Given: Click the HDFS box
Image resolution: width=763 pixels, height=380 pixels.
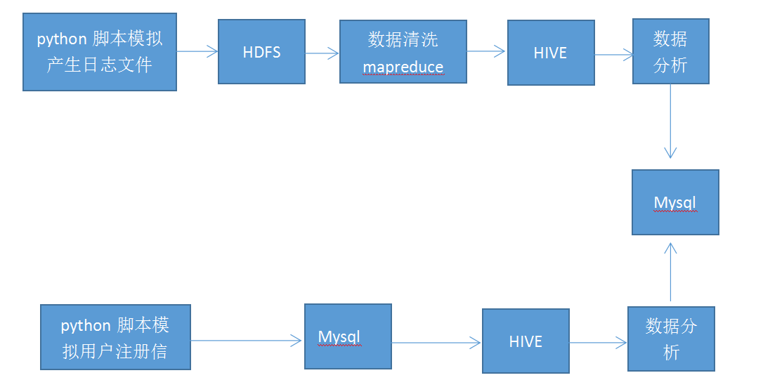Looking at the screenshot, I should tap(261, 51).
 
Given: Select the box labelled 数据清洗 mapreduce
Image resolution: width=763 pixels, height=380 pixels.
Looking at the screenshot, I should tap(403, 52).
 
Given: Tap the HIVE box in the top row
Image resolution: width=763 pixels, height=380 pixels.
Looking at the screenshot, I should tap(550, 53).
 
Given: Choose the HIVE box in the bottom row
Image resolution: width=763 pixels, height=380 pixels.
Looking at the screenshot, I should tap(525, 341).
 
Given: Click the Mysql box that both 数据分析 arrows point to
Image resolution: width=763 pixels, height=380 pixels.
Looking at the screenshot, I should tap(674, 202).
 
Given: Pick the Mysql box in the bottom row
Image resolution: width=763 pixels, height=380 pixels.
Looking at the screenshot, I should tap(347, 336).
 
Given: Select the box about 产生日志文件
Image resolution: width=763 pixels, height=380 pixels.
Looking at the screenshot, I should tap(99, 51).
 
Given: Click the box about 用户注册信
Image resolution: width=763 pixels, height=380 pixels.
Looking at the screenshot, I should tap(115, 337).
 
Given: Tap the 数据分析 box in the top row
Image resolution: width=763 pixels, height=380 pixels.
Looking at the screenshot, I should tap(670, 51).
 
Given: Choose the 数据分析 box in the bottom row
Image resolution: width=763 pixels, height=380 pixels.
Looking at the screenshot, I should tap(671, 339).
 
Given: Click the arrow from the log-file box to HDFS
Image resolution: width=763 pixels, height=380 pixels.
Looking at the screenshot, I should tap(197, 51).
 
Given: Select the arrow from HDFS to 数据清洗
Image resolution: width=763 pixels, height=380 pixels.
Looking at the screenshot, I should tap(322, 52).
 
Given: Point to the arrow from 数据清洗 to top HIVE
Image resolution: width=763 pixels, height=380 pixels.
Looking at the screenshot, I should tap(486, 51).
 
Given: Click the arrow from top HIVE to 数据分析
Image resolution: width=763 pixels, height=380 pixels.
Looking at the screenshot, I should tap(613, 55).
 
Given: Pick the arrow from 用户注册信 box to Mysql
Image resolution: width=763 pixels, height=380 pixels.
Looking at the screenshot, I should tap(246, 341).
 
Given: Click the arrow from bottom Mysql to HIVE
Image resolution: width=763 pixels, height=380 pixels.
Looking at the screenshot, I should tap(436, 343).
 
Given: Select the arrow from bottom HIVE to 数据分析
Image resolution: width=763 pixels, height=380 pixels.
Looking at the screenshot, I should tap(598, 343).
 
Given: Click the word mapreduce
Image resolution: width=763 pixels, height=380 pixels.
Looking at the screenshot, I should tap(403, 67).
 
